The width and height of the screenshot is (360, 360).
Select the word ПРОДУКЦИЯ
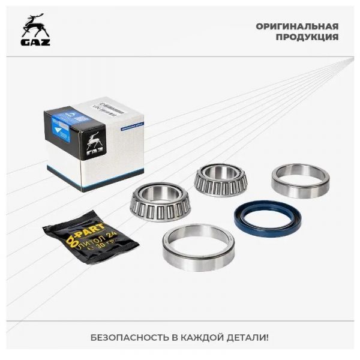point(307,37)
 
